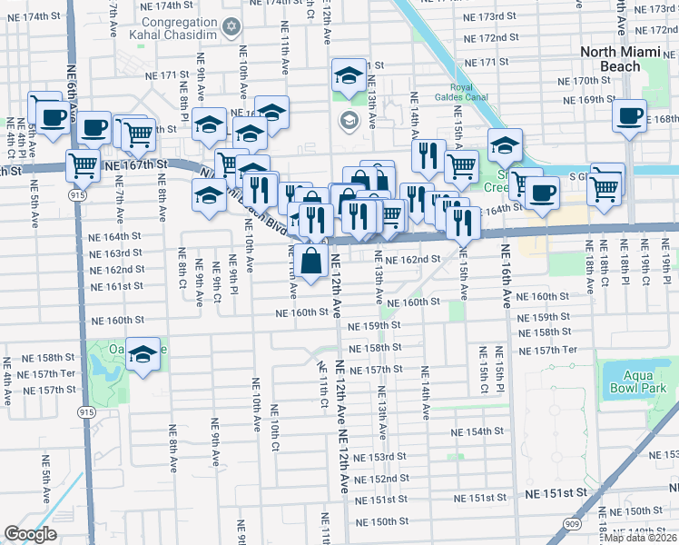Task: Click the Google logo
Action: tap(30, 534)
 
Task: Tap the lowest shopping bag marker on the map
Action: tap(311, 262)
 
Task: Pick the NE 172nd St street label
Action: tap(490, 38)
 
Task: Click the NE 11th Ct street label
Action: tap(321, 384)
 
